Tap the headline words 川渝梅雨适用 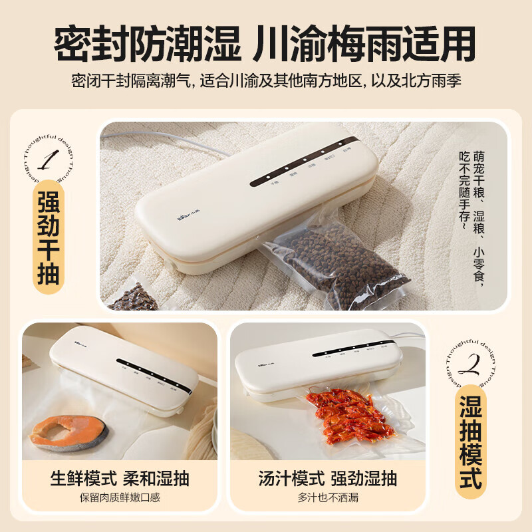click(364, 45)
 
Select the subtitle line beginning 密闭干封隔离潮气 click(266, 81)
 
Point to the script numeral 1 click(49, 160)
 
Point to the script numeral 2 click(470, 364)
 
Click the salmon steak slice click(69, 432)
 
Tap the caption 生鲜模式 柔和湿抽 click(120, 478)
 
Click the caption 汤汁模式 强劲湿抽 click(327, 478)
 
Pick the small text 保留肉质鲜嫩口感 click(120, 497)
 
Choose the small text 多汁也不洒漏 click(327, 497)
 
